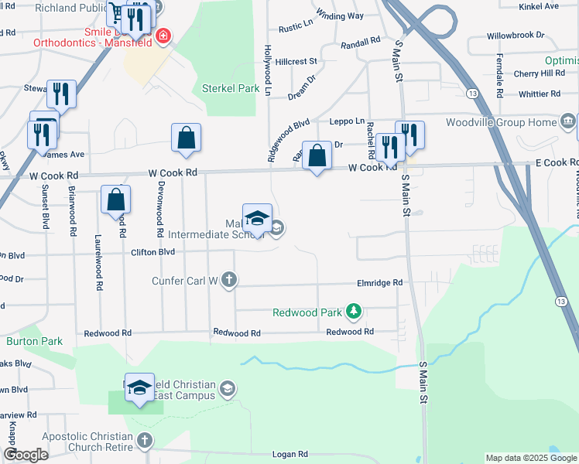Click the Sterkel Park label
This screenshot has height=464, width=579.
point(231,88)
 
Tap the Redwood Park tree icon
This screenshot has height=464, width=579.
point(355,312)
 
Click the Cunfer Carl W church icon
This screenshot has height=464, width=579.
point(228,279)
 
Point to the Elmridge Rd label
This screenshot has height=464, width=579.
point(379,283)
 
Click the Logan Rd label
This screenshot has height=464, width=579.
point(290,455)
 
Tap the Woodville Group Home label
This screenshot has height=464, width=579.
point(501,122)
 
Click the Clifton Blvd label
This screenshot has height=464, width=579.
point(153,251)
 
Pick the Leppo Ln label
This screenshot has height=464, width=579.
point(347,121)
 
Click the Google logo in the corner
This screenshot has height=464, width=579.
point(26,455)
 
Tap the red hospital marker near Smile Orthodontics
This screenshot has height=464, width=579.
point(163,36)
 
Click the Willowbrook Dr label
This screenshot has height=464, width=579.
point(516,36)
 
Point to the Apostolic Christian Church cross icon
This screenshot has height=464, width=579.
point(144,441)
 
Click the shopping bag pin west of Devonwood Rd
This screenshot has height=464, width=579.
point(115,200)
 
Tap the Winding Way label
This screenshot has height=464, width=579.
point(341,15)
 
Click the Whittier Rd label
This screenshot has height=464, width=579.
point(539,94)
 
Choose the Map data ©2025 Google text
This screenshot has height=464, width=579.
point(531,458)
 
